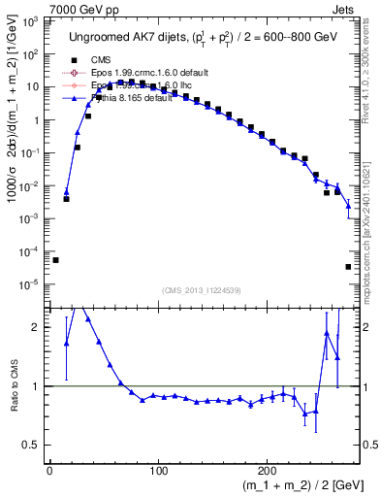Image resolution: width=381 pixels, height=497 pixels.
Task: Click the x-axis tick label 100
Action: point(132,471)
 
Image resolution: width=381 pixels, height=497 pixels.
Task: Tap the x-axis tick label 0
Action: point(49,471)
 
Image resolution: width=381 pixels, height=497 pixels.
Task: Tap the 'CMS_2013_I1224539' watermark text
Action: point(201,289)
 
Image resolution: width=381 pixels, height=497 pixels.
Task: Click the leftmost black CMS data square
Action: point(55,260)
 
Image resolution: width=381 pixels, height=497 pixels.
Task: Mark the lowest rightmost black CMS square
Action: point(348,266)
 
